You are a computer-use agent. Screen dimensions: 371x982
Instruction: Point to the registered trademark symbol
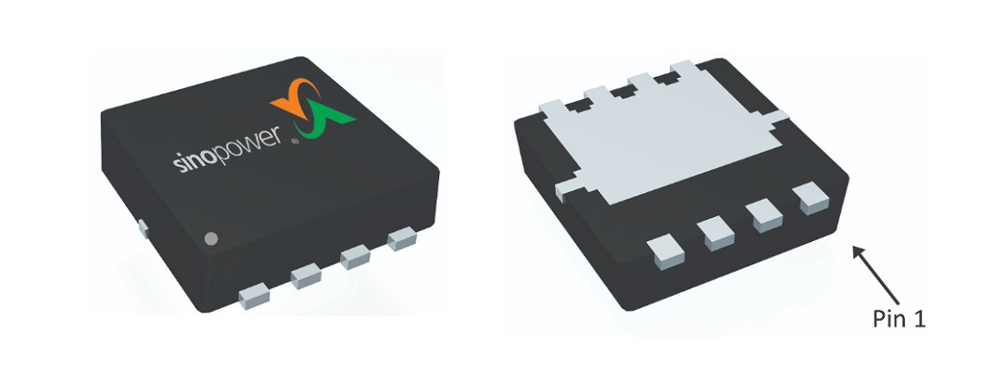[x=295, y=143]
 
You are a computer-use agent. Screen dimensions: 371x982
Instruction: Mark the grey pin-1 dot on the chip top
[x=210, y=238]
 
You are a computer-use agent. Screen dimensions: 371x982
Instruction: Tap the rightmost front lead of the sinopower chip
[x=402, y=241]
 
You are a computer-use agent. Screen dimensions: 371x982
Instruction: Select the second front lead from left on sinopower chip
[x=307, y=276]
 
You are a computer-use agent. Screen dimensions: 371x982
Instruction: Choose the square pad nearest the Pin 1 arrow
[x=812, y=197]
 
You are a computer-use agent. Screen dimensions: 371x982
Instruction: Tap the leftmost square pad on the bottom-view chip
[x=665, y=250]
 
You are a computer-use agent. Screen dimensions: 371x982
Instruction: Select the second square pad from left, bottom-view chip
[x=717, y=232]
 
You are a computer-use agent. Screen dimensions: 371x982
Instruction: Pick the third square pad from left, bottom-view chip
[x=766, y=214]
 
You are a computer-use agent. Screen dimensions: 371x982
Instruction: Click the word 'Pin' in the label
[x=890, y=319]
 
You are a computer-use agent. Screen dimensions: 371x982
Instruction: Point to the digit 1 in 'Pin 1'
[x=919, y=319]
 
